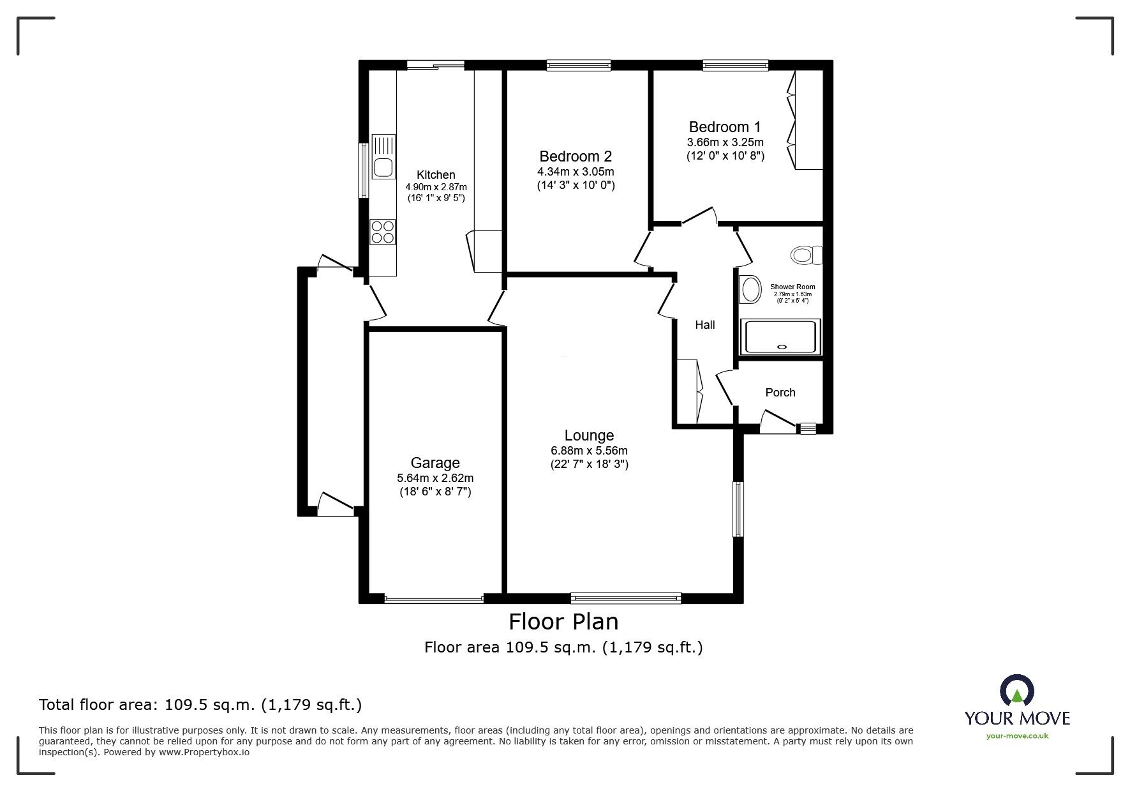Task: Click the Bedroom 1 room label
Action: tap(724, 126)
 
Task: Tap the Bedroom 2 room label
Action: tap(576, 156)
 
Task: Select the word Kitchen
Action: tap(436, 175)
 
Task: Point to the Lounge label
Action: tap(589, 435)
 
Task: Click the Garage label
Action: tap(435, 463)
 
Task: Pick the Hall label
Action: tap(704, 325)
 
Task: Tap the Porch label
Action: tap(780, 393)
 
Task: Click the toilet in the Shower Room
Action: tap(807, 255)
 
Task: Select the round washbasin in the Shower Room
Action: tap(750, 290)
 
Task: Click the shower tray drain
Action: tap(783, 347)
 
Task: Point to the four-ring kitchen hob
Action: tap(383, 232)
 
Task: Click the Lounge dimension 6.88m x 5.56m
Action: tap(589, 451)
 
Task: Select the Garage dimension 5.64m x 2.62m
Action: tap(435, 478)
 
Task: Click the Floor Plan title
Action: tap(563, 621)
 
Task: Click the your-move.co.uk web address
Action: tap(1017, 736)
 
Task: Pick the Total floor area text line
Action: tap(200, 705)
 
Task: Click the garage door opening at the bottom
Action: tap(434, 599)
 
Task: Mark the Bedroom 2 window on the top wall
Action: tap(579, 64)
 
